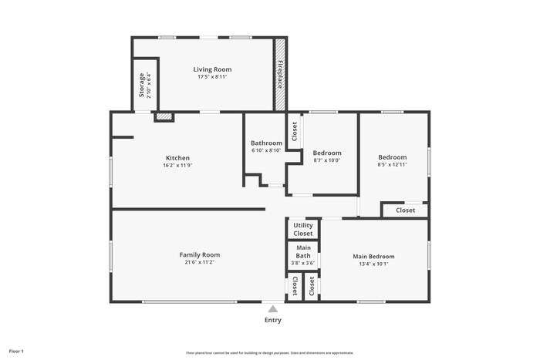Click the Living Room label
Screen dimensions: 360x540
[x=212, y=69]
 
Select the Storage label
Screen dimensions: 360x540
[x=141, y=85]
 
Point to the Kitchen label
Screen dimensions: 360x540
[x=177, y=158]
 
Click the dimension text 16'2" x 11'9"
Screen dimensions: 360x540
[x=177, y=165]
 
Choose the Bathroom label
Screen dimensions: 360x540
[x=266, y=143]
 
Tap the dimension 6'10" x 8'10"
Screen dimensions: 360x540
[x=266, y=150]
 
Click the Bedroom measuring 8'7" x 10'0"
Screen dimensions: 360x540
[x=326, y=153]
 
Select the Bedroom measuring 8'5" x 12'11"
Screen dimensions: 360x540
[x=392, y=156]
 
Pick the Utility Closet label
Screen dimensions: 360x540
[x=303, y=229]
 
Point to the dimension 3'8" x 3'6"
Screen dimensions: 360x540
[x=303, y=263]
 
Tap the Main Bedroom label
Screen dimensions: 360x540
[x=373, y=256]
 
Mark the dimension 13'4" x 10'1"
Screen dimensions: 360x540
[x=373, y=264]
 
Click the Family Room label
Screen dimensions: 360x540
[x=200, y=254]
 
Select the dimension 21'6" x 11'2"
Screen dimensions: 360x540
[x=200, y=262]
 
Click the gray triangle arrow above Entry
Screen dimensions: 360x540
[x=272, y=308]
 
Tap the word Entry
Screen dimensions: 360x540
[x=273, y=320]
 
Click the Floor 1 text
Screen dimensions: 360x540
[x=16, y=352]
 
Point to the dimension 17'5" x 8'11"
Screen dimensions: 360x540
[x=212, y=77]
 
